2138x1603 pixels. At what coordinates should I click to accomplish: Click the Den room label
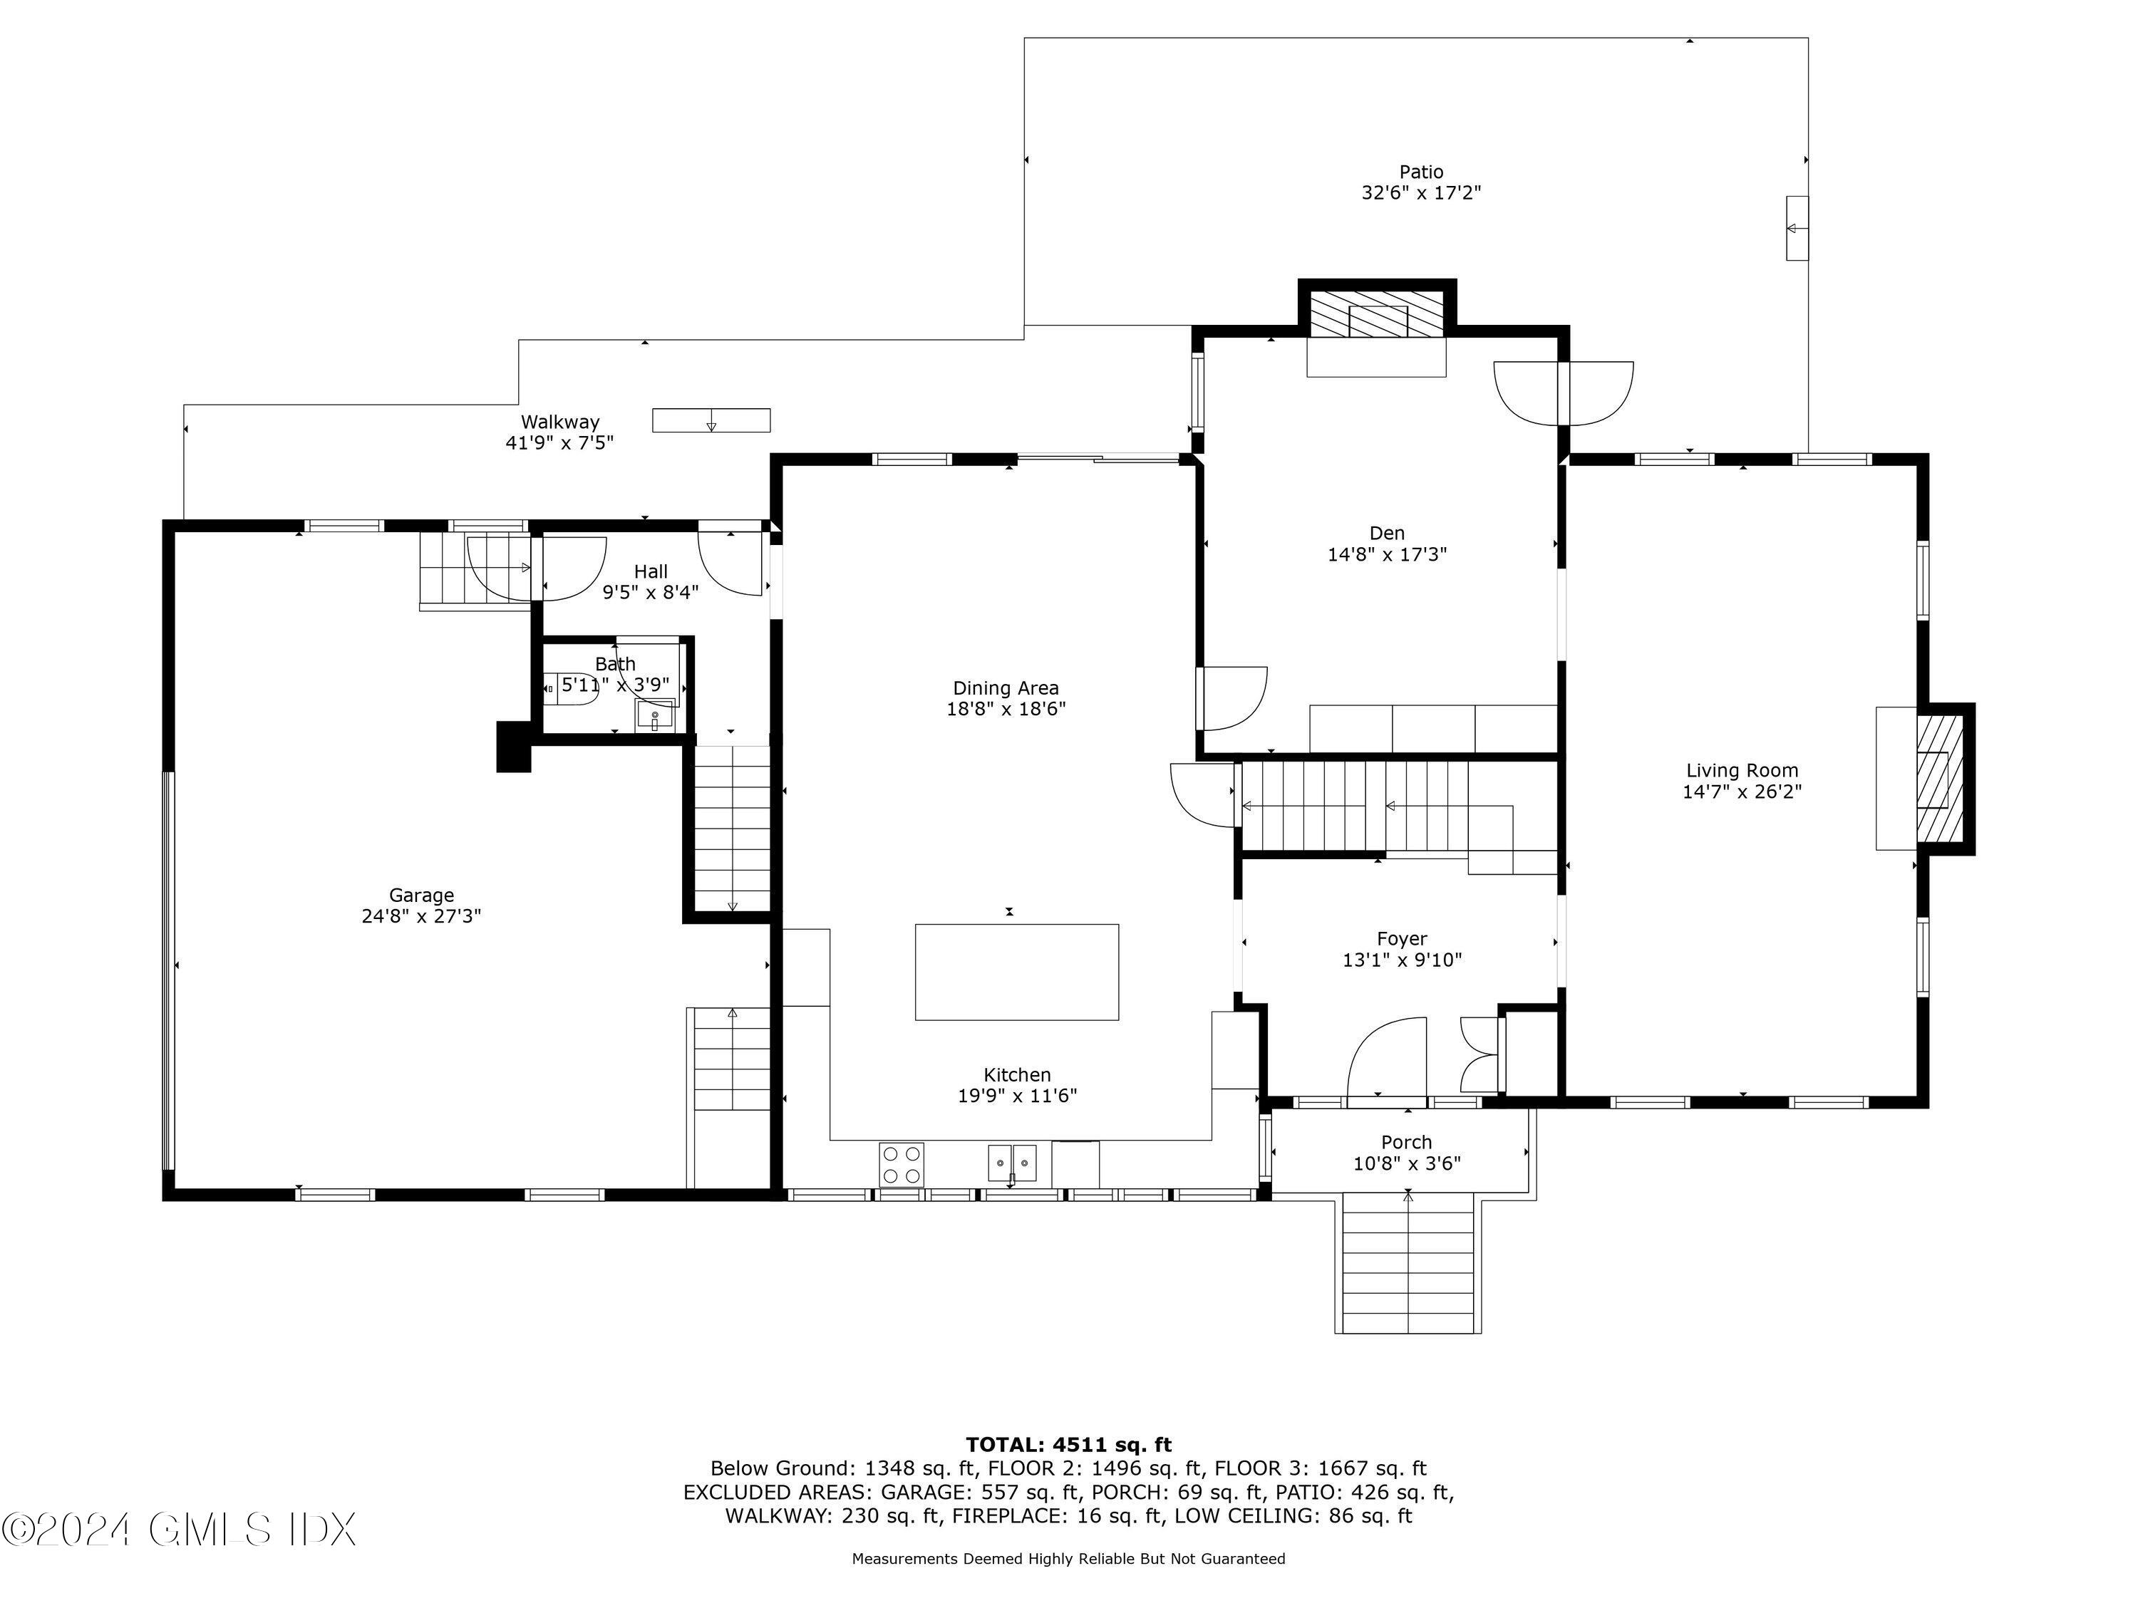[1386, 534]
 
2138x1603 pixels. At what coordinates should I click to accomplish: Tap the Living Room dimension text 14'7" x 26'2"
[1742, 792]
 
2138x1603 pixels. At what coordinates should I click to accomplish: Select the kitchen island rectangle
[1017, 972]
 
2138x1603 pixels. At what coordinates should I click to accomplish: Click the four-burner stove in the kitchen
[901, 1163]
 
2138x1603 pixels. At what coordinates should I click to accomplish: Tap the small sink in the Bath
[654, 716]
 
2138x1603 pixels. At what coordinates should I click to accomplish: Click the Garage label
[421, 896]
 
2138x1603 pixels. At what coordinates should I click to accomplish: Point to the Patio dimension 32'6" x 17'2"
[1421, 193]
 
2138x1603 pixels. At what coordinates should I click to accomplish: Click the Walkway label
[559, 422]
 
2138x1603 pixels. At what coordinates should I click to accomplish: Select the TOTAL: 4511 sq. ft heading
[1068, 1446]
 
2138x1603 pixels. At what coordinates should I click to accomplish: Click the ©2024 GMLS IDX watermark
[180, 1530]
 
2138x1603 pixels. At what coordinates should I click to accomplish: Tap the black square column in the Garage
[513, 747]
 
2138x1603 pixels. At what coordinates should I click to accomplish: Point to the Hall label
[651, 572]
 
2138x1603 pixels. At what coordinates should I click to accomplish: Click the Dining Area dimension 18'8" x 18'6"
[1005, 709]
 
